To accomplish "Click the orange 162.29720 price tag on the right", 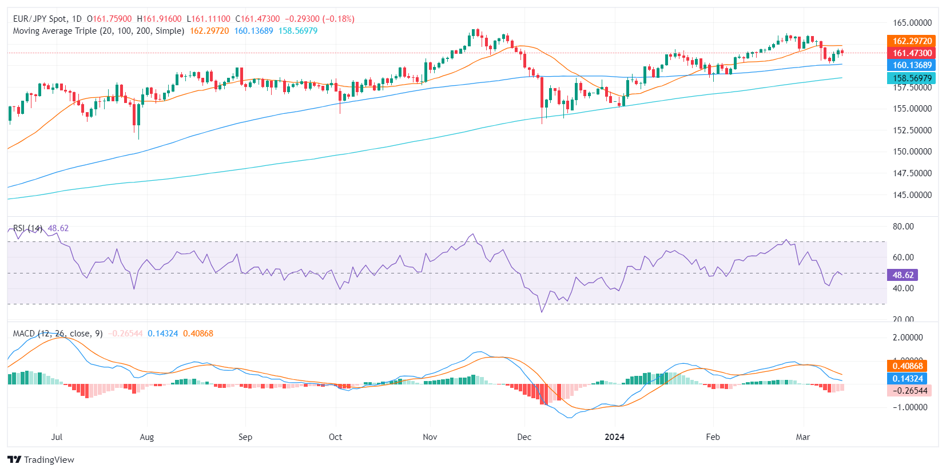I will [912, 41].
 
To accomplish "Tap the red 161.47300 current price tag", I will [912, 53].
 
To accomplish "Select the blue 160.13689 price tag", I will [912, 65].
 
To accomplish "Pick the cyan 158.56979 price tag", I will [912, 78].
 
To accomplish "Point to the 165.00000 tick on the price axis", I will [912, 23].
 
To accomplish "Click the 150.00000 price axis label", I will [912, 152].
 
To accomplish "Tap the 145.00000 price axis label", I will [912, 195].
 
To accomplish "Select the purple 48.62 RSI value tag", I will [903, 275].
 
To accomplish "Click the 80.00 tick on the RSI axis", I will [903, 227].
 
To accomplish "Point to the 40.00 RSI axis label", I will [903, 288].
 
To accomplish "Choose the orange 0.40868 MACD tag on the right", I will [908, 366].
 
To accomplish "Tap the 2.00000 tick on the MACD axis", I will [908, 338].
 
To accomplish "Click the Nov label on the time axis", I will [430, 437].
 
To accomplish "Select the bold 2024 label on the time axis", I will [615, 437].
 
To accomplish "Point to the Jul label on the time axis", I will [57, 437].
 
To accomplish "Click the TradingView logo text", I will [49, 460].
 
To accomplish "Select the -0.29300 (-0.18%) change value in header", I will [320, 19].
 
